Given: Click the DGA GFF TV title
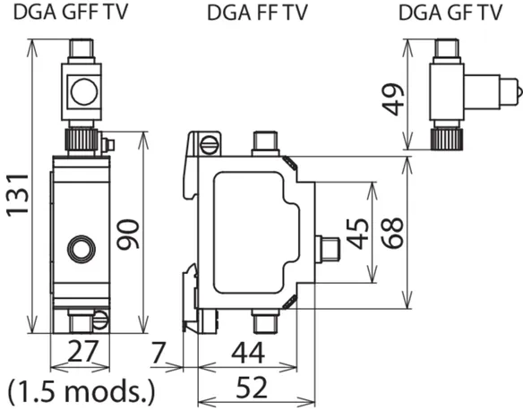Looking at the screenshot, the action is (x=71, y=12).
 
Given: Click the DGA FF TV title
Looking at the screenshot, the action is (x=257, y=13).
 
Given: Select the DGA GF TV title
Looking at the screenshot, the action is (x=450, y=13).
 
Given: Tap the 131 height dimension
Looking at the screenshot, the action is (x=17, y=195).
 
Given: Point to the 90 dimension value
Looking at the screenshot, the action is (x=128, y=234).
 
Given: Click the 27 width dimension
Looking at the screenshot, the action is (x=83, y=351).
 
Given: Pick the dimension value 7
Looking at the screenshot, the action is (x=159, y=352).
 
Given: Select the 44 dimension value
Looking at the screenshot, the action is (x=248, y=353).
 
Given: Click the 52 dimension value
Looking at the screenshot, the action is (x=252, y=388).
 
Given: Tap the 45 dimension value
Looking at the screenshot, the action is (x=358, y=234).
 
